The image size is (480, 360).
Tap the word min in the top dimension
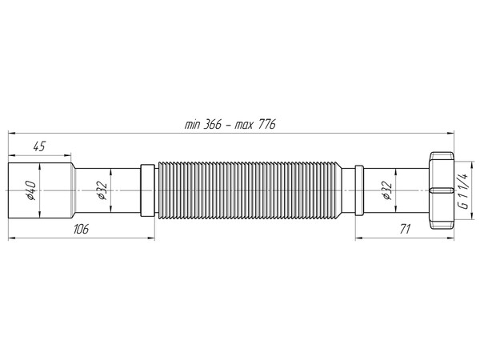tap(192, 123)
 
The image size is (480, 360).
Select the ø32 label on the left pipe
tap(102, 191)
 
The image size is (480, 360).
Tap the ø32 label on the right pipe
tap(386, 191)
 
